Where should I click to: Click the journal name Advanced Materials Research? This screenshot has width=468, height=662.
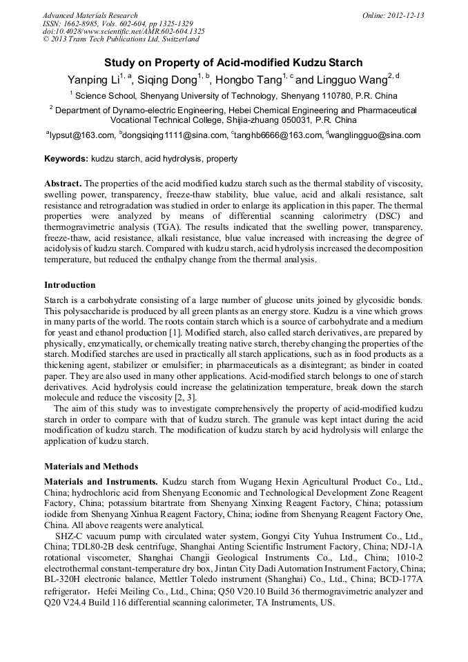pyautogui.click(x=90, y=15)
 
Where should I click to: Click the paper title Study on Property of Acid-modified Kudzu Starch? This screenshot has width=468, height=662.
pyautogui.click(x=233, y=63)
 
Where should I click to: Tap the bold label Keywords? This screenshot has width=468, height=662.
pyautogui.click(x=66, y=159)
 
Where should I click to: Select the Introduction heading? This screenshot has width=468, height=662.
pyautogui.click(x=70, y=285)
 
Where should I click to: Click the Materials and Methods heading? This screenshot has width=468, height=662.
pyautogui.click(x=91, y=466)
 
